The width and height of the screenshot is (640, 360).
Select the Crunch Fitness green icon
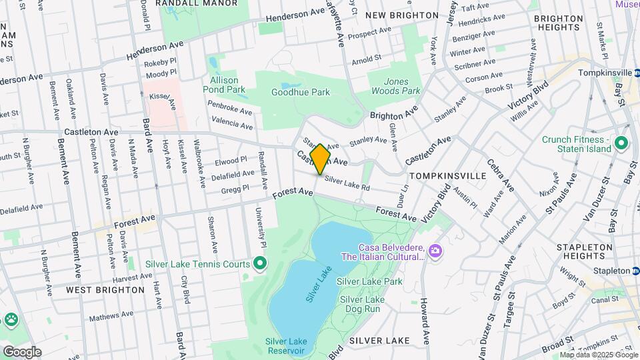click(621, 143)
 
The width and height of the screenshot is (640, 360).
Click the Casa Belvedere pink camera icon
click(435, 250)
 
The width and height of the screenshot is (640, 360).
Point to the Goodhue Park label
click(301, 93)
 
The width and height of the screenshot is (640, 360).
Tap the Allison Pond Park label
click(224, 85)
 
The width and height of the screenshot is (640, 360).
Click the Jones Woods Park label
click(396, 86)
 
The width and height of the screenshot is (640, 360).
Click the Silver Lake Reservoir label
click(286, 346)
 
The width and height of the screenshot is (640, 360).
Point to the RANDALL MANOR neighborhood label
click(196, 3)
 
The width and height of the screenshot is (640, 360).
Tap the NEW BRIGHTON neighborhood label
click(402, 15)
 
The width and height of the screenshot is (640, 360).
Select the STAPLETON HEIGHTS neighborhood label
click(584, 251)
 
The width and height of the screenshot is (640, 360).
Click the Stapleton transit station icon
click(635, 271)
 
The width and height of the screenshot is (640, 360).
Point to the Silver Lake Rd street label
click(347, 183)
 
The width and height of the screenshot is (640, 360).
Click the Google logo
click(22, 351)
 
